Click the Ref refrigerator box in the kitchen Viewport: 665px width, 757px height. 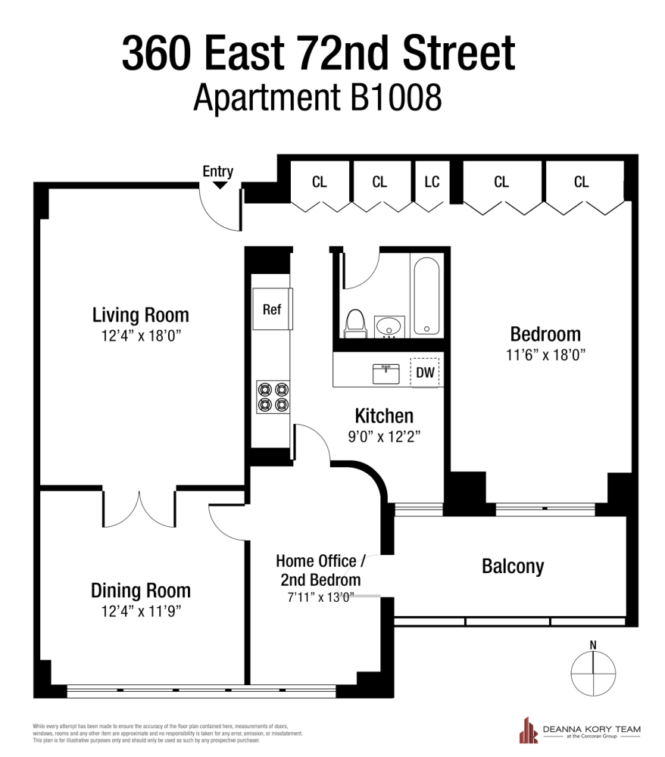click(x=272, y=309)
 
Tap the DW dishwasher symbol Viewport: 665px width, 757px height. click(x=425, y=372)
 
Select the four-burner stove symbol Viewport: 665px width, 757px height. click(x=273, y=397)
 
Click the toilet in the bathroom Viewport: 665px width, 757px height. click(x=354, y=323)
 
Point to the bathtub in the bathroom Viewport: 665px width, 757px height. click(x=427, y=296)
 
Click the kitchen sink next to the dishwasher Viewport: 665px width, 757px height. click(x=386, y=372)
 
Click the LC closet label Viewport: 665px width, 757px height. click(x=432, y=182)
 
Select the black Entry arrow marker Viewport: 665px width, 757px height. click(x=220, y=184)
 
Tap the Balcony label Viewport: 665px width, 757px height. click(x=513, y=566)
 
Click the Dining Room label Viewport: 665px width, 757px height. click(x=140, y=590)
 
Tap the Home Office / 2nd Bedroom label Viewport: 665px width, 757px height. click(x=320, y=570)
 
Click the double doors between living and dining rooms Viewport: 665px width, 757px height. click(x=139, y=508)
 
